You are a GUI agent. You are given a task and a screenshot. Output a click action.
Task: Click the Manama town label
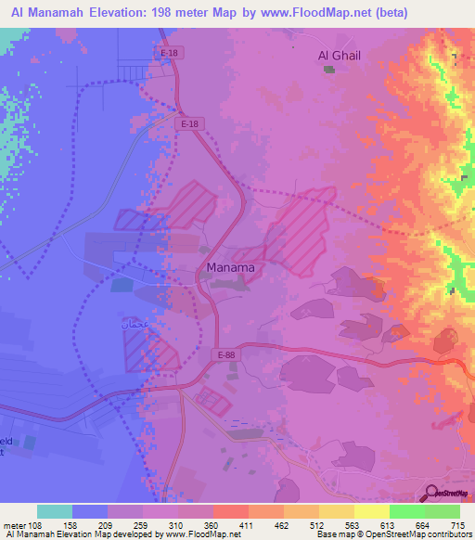[229, 268]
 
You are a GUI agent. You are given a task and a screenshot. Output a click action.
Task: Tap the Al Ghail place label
[338, 56]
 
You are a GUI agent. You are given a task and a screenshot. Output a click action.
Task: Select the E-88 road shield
[226, 354]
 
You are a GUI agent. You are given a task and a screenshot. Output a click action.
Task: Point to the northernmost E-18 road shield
[169, 54]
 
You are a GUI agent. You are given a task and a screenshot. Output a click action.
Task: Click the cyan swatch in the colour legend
[54, 511]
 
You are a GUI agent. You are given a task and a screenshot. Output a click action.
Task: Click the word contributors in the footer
[450, 535]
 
